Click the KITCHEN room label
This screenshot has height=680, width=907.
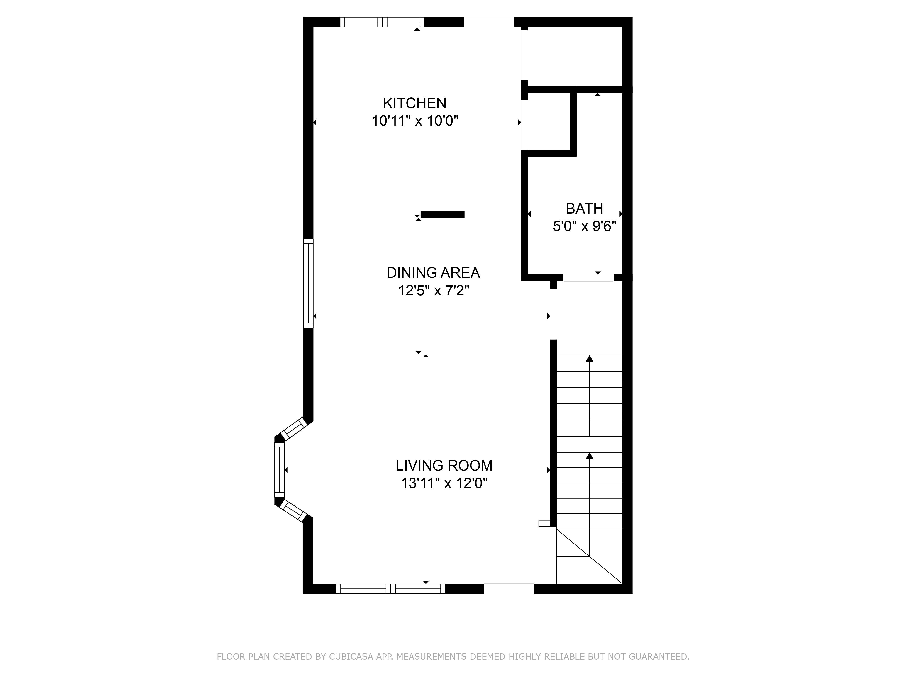(x=414, y=103)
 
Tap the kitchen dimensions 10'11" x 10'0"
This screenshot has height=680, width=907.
(x=414, y=121)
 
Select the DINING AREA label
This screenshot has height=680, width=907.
(x=433, y=273)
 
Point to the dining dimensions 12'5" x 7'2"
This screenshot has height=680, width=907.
(x=433, y=291)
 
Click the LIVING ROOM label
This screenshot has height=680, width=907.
(x=444, y=466)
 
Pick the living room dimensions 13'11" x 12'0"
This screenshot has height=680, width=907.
(x=444, y=484)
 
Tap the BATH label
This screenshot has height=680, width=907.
(x=584, y=209)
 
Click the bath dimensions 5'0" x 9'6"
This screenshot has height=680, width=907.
(x=584, y=226)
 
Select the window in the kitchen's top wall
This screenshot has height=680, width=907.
(x=382, y=22)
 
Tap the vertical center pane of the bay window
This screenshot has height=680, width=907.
(x=279, y=470)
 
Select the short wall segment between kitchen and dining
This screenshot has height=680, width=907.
(x=442, y=214)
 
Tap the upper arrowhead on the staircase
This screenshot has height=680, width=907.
(x=589, y=359)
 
